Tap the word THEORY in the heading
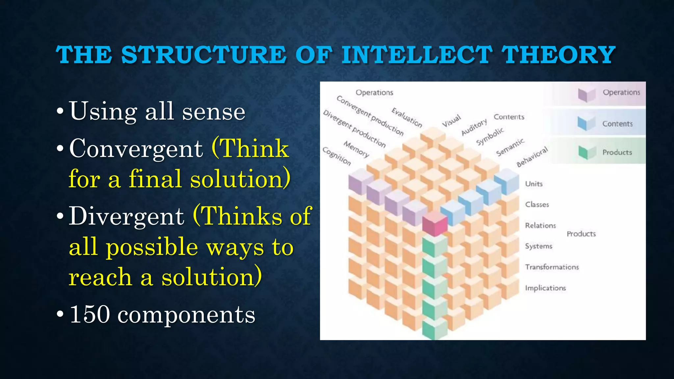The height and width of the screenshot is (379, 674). (558, 55)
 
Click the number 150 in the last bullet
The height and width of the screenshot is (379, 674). (90, 314)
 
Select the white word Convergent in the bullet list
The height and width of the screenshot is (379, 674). (136, 149)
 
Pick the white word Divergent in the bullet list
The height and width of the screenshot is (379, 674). (126, 216)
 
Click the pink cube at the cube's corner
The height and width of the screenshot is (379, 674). (434, 224)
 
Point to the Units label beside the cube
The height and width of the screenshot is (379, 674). (533, 184)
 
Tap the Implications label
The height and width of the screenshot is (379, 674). (545, 288)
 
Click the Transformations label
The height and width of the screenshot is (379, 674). (552, 267)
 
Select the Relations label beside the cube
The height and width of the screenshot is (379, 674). (540, 225)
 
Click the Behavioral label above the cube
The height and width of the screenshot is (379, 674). (532, 157)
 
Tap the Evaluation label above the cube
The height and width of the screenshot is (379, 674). (406, 117)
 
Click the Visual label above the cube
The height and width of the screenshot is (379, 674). (451, 121)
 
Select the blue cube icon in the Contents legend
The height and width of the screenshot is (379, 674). (586, 123)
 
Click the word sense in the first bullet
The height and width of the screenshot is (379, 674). (214, 112)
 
